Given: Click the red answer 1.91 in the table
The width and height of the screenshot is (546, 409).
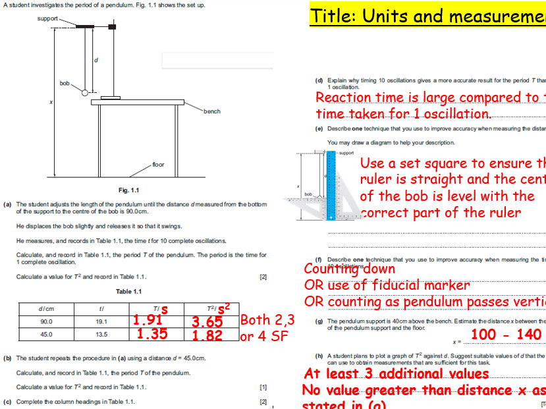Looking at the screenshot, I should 147,321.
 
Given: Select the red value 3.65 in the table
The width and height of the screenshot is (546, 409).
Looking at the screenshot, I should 207,322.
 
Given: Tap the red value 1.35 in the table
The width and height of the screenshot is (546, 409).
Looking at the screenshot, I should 152,334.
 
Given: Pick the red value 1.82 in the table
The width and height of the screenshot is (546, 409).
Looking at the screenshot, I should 207,336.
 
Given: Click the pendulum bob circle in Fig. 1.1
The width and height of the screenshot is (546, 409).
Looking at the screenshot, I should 84,94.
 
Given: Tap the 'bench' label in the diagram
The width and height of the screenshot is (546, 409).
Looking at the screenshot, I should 211,111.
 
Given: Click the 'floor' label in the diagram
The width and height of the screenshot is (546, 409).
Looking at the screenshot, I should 158,164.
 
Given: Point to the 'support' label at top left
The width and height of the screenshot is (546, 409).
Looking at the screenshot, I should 47,18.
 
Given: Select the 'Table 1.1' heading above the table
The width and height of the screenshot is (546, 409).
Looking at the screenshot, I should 128,292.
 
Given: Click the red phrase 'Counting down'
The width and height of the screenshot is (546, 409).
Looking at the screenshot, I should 349,269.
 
